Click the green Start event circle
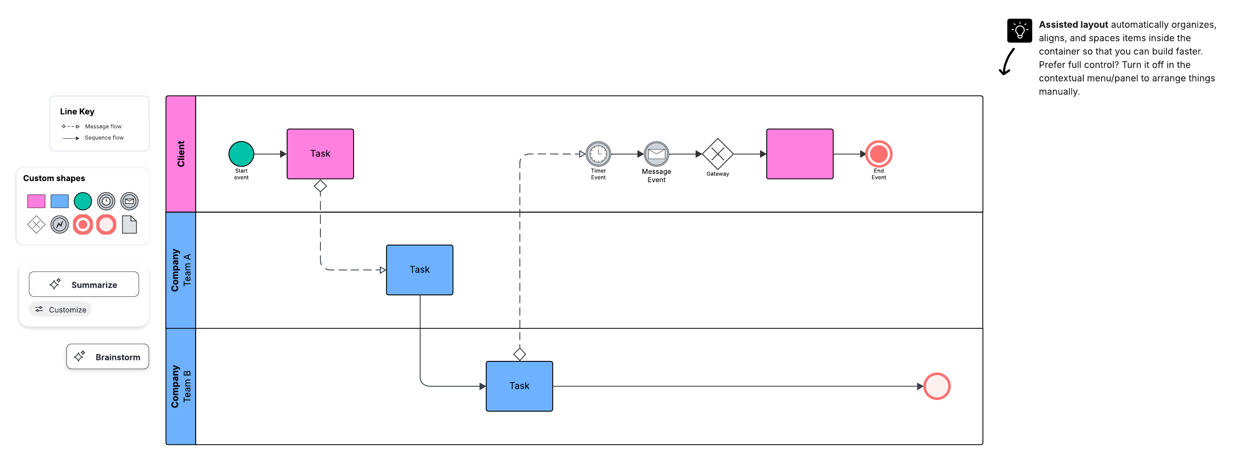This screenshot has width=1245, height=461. pyautogui.click(x=241, y=154)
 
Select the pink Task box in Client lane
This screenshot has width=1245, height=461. pyautogui.click(x=320, y=154)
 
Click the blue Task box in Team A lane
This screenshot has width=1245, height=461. pyautogui.click(x=420, y=270)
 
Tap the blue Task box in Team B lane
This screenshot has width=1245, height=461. pyautogui.click(x=519, y=385)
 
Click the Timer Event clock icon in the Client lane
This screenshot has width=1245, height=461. pyautogui.click(x=598, y=154)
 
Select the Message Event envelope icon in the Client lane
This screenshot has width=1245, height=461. pyautogui.click(x=656, y=154)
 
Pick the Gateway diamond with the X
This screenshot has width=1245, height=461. pyautogui.click(x=717, y=154)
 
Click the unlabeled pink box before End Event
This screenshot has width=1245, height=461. pyautogui.click(x=800, y=154)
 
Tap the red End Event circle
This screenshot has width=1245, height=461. pyautogui.click(x=878, y=154)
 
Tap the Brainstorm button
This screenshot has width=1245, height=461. pyautogui.click(x=107, y=357)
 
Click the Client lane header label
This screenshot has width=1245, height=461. pyautogui.click(x=181, y=154)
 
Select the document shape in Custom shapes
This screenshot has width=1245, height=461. pyautogui.click(x=129, y=224)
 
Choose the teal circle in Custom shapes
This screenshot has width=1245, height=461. pyautogui.click(x=83, y=201)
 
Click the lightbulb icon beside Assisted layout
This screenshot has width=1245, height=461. pyautogui.click(x=1019, y=31)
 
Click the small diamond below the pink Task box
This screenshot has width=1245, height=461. pyautogui.click(x=320, y=186)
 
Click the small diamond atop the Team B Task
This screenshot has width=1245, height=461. pyautogui.click(x=519, y=354)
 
